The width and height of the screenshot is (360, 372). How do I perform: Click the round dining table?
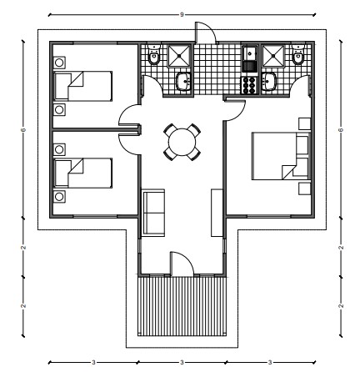tap(182, 142)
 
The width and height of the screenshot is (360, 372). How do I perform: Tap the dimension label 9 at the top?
tap(182, 15)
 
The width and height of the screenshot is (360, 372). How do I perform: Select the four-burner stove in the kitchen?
tap(249, 85)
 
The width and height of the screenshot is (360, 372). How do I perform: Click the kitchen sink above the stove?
tap(250, 58)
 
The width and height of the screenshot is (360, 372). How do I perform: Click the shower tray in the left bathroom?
tap(179, 56)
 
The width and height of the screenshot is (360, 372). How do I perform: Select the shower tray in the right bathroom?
tap(273, 56)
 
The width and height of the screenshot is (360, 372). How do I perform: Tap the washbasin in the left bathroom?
tap(183, 81)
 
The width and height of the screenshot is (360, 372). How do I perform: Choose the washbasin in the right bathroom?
tap(269, 81)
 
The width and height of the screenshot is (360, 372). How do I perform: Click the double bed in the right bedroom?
tap(281, 156)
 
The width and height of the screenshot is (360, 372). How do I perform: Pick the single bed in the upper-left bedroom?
tap(82, 86)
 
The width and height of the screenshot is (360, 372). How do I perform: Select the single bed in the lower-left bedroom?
tap(82, 173)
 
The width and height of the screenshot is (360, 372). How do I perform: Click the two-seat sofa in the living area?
tap(153, 213)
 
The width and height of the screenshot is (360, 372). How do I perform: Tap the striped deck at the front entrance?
tap(182, 306)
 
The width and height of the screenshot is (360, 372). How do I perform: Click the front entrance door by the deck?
tap(182, 264)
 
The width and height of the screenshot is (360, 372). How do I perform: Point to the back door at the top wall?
tap(205, 33)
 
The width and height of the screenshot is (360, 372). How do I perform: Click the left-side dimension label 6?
tap(24, 129)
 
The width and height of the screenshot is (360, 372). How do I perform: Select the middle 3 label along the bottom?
tap(182, 362)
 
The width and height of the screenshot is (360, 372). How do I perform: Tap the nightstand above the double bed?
tap(304, 123)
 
